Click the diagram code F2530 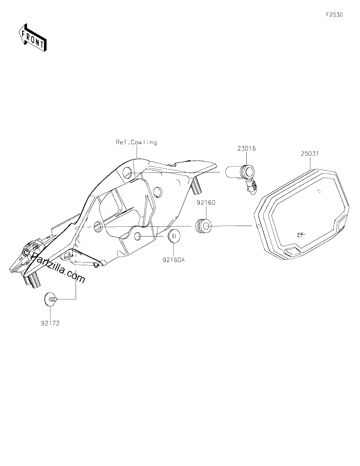coord(334,15)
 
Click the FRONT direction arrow coord(32,38)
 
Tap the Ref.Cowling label coord(136,143)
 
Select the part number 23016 coord(246,148)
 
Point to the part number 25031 coord(310,154)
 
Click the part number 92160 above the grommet coord(206,203)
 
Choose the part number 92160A coord(174,260)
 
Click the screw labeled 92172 coord(50,299)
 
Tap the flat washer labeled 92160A coord(174,236)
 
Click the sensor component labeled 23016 coord(242,178)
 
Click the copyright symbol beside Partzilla coord(26,252)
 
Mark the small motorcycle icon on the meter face coord(301,235)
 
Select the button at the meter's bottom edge coord(291,252)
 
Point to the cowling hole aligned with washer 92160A coord(138,236)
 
